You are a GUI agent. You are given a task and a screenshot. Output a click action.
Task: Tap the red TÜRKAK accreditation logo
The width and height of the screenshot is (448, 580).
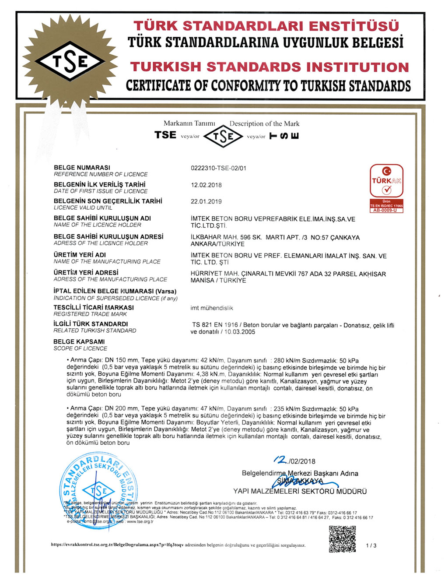(386, 180)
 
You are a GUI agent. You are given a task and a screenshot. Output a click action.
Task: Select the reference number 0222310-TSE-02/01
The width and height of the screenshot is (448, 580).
(218, 168)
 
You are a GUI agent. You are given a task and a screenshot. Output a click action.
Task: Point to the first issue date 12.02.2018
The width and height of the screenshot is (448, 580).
(206, 185)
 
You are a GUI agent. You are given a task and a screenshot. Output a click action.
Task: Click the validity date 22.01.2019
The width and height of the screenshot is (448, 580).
(206, 201)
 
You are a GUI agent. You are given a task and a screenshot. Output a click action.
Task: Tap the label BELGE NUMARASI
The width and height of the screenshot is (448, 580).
(82, 168)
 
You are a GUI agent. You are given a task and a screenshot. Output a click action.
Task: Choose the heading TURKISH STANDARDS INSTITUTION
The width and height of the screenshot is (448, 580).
(269, 67)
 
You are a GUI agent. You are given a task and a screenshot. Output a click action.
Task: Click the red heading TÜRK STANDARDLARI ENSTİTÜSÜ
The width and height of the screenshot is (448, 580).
(266, 26)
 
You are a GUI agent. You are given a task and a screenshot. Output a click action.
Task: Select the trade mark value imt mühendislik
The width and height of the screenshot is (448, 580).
(212, 308)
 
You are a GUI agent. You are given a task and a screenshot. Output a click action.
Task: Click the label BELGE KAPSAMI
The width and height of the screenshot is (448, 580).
(79, 341)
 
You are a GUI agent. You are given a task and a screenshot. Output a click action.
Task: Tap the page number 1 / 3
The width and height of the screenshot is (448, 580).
(371, 545)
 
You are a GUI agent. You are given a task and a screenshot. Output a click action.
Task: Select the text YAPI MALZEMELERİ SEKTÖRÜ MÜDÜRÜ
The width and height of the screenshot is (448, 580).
(300, 491)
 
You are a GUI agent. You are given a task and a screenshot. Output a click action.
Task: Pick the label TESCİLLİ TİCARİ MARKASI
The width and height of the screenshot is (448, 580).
(94, 307)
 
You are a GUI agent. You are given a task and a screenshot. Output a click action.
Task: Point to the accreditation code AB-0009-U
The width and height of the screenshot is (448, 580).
(385, 211)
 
